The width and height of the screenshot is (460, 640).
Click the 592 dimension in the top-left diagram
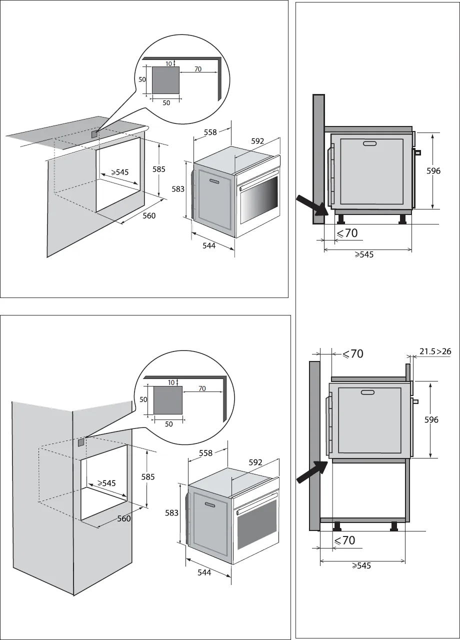[x=257, y=141]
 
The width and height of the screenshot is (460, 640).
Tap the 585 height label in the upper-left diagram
[x=159, y=169]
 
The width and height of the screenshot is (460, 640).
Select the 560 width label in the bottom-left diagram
[x=124, y=518]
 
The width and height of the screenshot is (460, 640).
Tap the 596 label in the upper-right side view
[x=433, y=171]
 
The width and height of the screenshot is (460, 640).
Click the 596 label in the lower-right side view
[x=431, y=420]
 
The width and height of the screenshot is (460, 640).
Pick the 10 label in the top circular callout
[x=168, y=63]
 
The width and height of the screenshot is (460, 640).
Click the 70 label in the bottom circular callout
[x=201, y=388]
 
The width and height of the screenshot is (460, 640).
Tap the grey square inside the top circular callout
[x=165, y=80]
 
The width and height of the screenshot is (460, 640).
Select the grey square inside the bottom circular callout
[x=167, y=399]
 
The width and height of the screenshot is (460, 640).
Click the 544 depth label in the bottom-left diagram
[x=204, y=572]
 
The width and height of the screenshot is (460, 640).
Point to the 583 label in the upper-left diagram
[x=178, y=189]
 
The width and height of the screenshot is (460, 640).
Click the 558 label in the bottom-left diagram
[x=205, y=453]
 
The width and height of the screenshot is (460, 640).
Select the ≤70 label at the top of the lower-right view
[x=352, y=354]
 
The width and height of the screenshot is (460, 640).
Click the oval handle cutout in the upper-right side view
[x=370, y=144]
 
